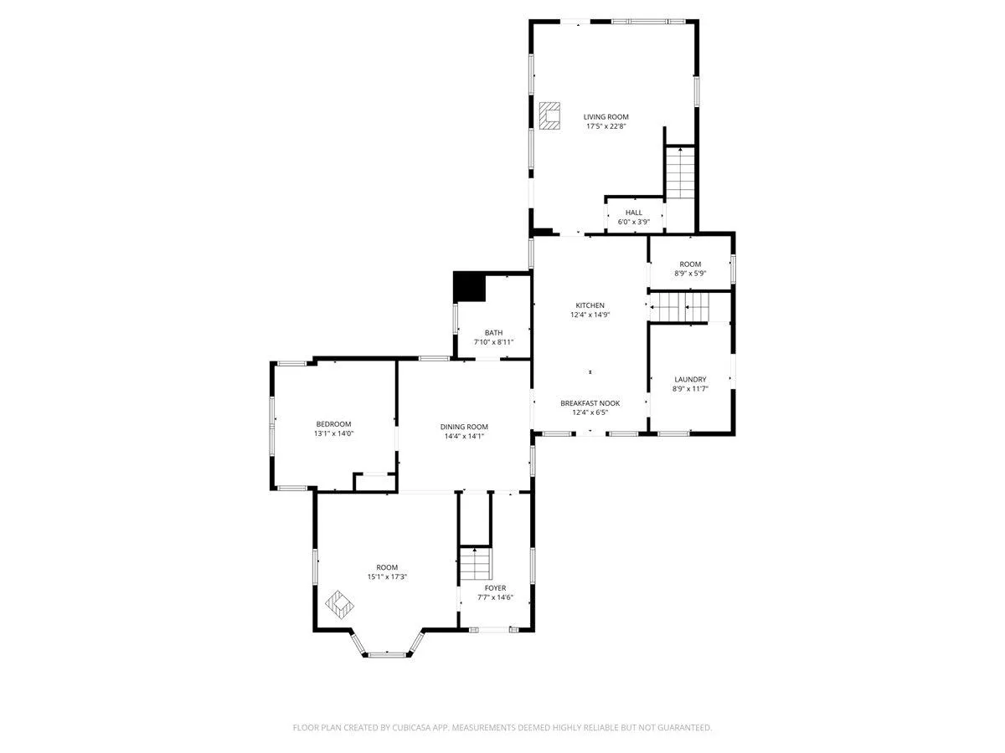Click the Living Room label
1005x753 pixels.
(606, 117)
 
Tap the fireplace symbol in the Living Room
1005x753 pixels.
(549, 116)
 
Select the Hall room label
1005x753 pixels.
(634, 213)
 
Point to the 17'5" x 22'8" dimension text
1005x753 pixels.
(606, 126)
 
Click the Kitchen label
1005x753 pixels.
(590, 305)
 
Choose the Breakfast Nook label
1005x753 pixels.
(590, 403)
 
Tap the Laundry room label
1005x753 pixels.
(690, 380)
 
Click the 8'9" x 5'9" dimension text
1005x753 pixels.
(690, 274)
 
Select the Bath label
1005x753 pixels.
(493, 333)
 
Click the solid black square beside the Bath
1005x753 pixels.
(469, 287)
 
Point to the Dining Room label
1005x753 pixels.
(464, 427)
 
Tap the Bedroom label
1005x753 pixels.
(333, 424)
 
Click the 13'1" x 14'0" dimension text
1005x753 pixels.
(333, 434)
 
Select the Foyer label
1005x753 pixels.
(495, 588)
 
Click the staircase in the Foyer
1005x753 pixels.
(476, 563)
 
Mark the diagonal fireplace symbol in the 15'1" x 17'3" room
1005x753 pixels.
(339, 605)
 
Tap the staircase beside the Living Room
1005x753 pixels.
(680, 172)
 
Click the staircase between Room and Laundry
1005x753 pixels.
(680, 307)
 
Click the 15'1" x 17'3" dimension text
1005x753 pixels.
(387, 577)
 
